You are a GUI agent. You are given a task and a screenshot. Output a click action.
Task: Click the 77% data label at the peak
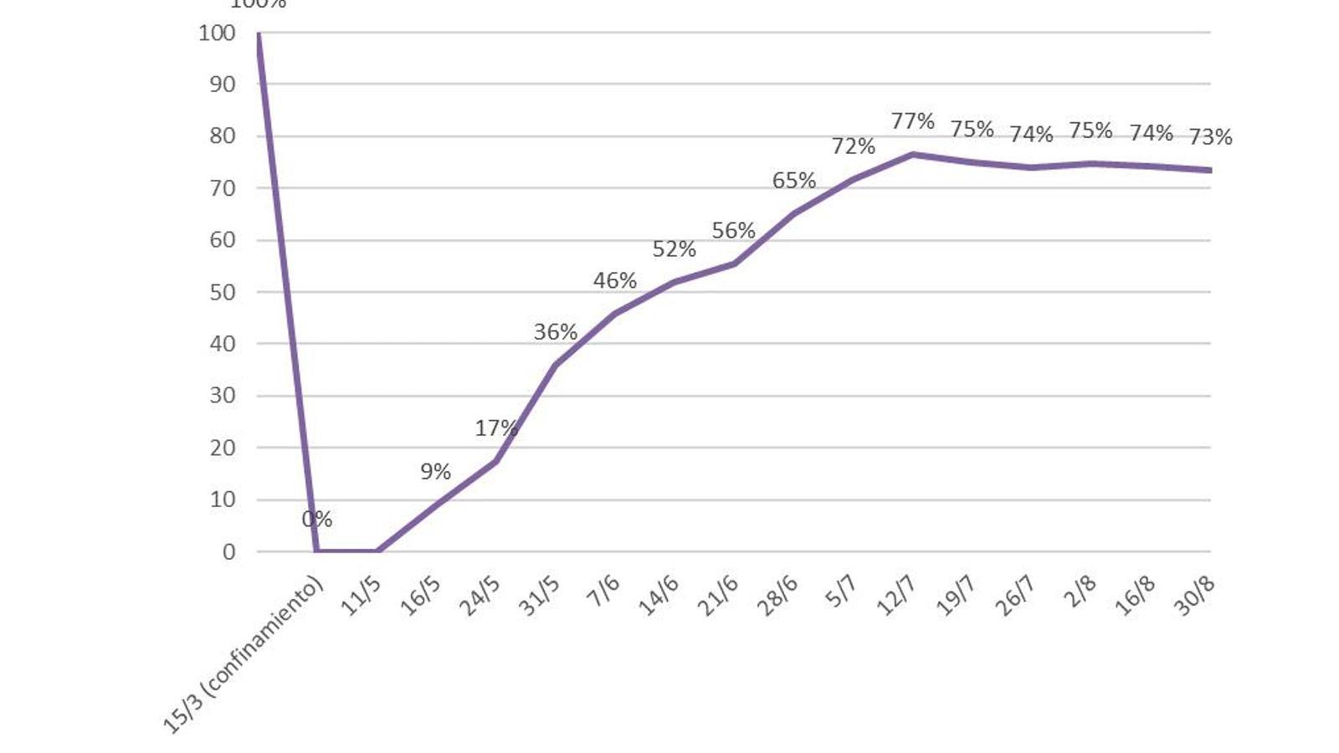912,121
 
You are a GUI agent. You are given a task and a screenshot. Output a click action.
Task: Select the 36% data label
556,332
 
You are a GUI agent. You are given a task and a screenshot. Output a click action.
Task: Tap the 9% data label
435,472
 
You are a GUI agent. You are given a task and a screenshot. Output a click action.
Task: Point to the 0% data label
317,520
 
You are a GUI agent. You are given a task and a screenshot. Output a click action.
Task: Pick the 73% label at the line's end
1210,136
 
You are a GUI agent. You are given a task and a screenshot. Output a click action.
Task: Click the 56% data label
733,230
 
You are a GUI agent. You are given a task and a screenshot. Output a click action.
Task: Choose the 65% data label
793,181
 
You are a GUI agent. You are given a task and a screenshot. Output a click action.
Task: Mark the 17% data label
496,428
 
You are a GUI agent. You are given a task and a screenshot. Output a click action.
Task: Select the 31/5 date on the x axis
539,596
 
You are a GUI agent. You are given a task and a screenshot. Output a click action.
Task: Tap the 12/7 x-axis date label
895,596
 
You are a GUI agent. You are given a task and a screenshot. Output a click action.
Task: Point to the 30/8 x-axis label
1194,596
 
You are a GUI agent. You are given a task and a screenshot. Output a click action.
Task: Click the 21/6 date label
718,596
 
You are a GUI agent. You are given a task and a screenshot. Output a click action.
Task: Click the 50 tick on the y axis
222,292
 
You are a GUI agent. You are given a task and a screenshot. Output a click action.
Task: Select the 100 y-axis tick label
217,33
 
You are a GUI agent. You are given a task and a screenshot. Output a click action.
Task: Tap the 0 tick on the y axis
228,551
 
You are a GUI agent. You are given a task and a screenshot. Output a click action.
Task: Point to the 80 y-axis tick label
222,136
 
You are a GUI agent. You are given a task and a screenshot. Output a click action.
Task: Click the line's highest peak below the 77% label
912,154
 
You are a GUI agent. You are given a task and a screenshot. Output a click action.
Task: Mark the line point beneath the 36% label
556,365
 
